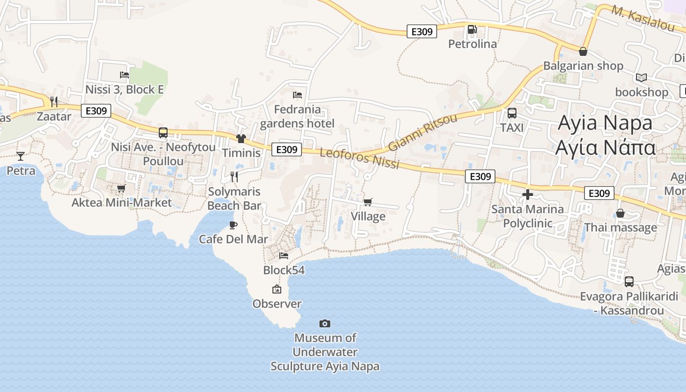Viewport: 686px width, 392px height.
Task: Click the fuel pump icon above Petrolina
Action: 472,29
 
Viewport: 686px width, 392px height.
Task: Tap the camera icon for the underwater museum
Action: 324,323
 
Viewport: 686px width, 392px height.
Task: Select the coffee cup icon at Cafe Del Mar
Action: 233,225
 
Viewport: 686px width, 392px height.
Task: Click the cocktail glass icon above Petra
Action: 21,156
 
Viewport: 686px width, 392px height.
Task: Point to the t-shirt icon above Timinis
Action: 241,139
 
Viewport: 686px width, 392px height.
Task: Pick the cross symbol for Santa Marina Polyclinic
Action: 528,195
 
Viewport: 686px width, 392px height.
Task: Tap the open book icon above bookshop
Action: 641,77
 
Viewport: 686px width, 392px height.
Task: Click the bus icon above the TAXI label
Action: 512,113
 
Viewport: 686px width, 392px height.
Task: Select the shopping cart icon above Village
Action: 368,202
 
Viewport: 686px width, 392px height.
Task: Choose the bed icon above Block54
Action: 284,255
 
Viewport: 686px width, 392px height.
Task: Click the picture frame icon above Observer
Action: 277,290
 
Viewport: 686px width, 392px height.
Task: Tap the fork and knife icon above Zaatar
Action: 54,102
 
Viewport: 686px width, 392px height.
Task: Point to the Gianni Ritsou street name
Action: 422,132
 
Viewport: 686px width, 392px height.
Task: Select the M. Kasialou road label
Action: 642,18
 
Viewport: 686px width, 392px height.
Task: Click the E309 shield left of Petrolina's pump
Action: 422,31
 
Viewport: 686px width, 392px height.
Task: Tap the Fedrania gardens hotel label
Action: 297,117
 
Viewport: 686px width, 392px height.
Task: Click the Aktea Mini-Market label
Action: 122,203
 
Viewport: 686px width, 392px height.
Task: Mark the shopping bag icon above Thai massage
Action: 620,213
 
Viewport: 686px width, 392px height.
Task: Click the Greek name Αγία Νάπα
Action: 605,147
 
